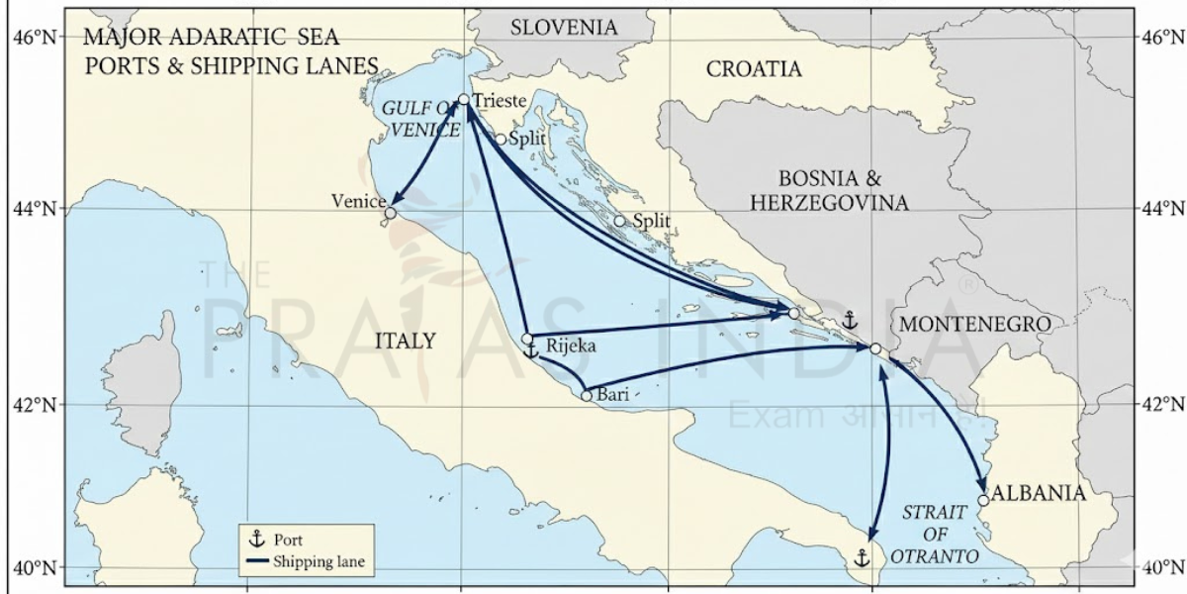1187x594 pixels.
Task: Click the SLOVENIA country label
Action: pyautogui.click(x=563, y=28)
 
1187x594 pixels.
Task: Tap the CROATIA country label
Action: pyautogui.click(x=754, y=69)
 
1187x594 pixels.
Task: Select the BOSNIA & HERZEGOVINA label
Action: pyautogui.click(x=844, y=191)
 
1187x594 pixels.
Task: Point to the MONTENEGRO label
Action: pyautogui.click(x=974, y=324)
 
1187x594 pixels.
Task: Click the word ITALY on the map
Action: pyautogui.click(x=406, y=342)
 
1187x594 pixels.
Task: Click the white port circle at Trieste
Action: pyautogui.click(x=464, y=100)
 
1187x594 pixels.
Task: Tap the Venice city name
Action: pyautogui.click(x=357, y=202)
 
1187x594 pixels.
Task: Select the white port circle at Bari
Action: pyautogui.click(x=587, y=396)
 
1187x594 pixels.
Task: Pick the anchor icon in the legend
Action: pyautogui.click(x=257, y=540)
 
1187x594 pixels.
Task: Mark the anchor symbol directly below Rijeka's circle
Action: pyautogui.click(x=530, y=351)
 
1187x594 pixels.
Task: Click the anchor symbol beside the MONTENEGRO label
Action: pyautogui.click(x=849, y=320)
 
